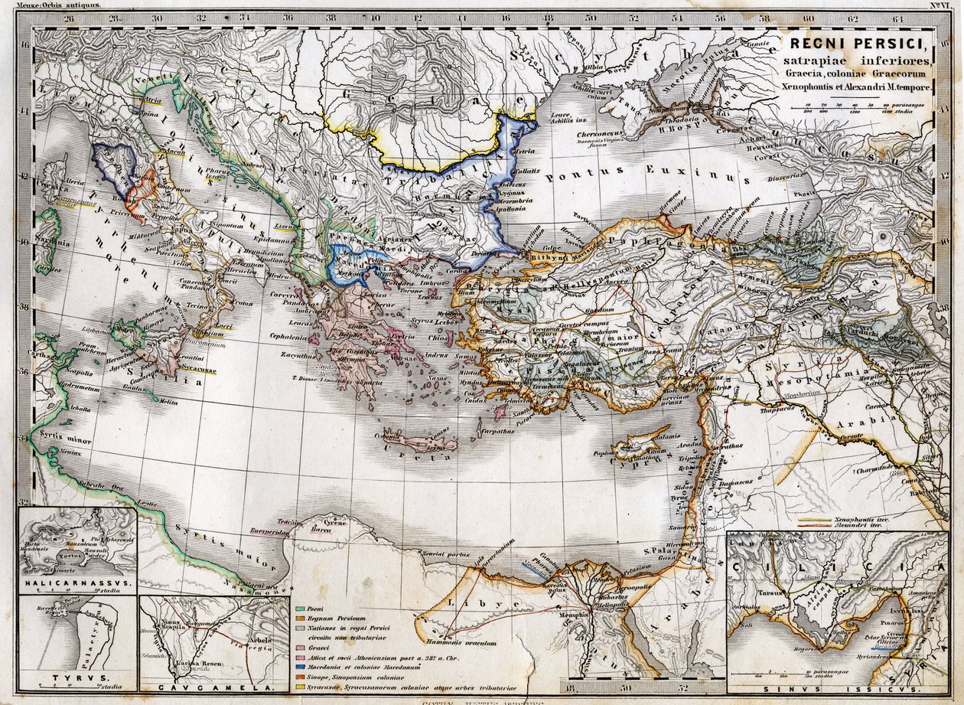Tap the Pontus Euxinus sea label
point(646,175)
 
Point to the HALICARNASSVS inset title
point(77,583)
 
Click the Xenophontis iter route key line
point(816,520)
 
